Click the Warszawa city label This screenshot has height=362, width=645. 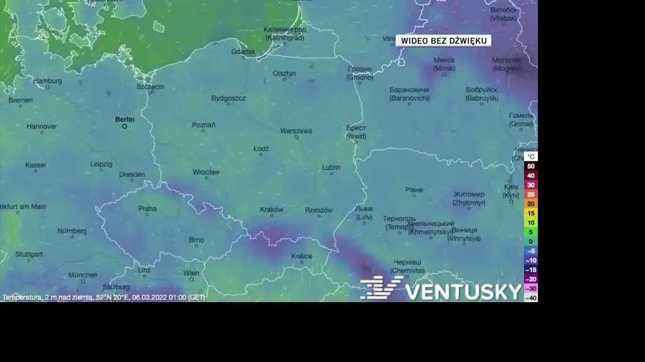pos(296,131)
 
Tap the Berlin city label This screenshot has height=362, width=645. pos(125,118)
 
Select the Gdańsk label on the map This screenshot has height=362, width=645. pos(243,52)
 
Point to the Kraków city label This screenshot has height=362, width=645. pos(271,210)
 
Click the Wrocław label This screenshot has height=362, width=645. pos(207,172)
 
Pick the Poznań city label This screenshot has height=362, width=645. pos(203,125)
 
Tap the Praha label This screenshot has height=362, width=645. pos(147,208)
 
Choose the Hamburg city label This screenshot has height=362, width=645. pos(48,81)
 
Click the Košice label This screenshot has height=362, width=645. pos(302,256)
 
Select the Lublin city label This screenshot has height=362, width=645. pos(331,167)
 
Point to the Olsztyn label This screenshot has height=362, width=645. pos(284,73)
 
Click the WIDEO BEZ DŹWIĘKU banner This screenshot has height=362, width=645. pos(444,41)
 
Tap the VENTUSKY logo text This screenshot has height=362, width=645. pos(463,291)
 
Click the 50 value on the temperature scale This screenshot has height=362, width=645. pos(531,166)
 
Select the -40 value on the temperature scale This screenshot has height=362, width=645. pos(531,298)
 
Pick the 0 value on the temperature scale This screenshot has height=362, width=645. pos(531,241)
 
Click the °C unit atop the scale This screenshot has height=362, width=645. pos(531,156)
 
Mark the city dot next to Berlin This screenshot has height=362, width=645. pos(125,126)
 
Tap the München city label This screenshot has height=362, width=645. pos(83,274)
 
